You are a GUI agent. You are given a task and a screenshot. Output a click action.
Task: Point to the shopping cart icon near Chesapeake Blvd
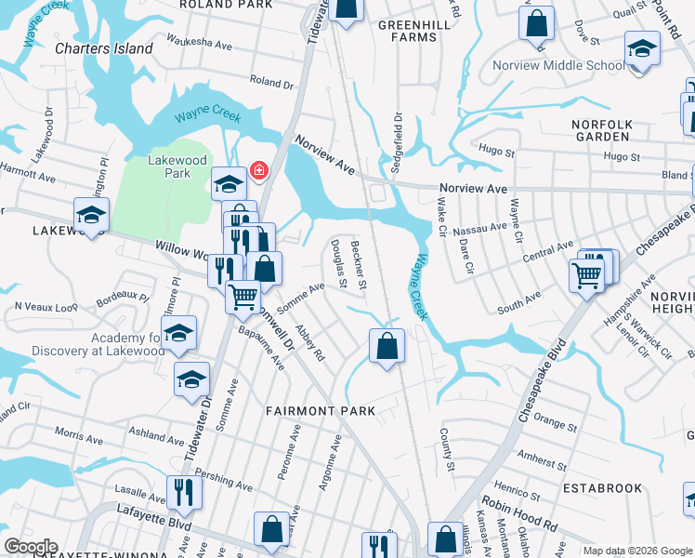coord(586,274)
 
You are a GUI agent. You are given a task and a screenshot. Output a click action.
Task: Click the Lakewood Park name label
coord(169,166)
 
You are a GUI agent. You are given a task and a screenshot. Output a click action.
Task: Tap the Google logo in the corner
coord(31,547)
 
